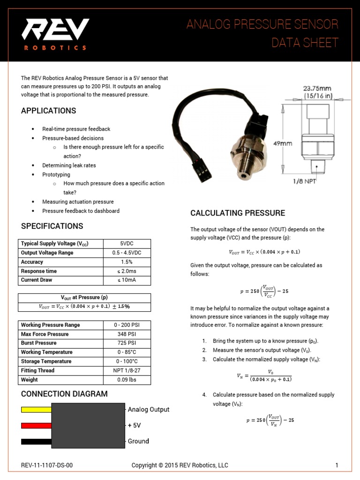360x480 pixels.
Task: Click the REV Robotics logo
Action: [x=55, y=34]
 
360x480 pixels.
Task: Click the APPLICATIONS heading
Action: [x=48, y=111]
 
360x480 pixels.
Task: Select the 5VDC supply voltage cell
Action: [x=127, y=244]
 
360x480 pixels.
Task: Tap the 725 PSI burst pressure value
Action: [x=127, y=343]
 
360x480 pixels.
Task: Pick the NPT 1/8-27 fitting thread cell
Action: [x=127, y=370]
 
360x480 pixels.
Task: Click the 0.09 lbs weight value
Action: [x=127, y=380]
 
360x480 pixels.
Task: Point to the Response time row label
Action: [x=39, y=271]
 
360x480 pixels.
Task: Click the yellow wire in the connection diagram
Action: [x=36, y=409]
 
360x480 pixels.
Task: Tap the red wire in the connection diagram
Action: [x=36, y=426]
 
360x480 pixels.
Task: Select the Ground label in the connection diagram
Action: [x=138, y=441]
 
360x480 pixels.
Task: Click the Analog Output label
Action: [x=149, y=409]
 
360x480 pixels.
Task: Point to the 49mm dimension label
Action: [x=283, y=143]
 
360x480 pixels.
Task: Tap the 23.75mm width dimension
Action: [x=318, y=88]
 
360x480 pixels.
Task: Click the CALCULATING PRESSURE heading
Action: [x=237, y=213]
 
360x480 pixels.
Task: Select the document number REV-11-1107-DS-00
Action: [x=47, y=465]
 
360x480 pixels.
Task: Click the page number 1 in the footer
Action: [x=337, y=465]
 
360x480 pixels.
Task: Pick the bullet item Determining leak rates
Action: [x=69, y=165]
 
